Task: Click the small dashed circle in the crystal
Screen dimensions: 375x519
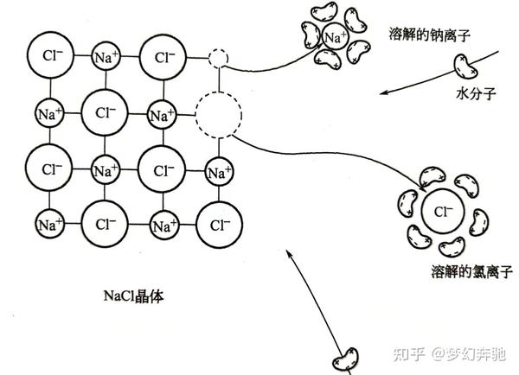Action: (x=219, y=59)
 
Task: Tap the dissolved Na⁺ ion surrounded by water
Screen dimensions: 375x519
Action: (x=334, y=37)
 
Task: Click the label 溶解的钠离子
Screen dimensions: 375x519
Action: (x=433, y=35)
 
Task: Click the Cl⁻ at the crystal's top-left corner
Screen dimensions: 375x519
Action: (x=51, y=57)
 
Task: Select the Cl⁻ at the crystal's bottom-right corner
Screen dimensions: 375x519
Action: (x=219, y=225)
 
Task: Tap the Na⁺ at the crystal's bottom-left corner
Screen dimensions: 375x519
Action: (x=49, y=225)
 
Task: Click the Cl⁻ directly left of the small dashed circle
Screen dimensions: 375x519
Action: (x=163, y=57)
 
